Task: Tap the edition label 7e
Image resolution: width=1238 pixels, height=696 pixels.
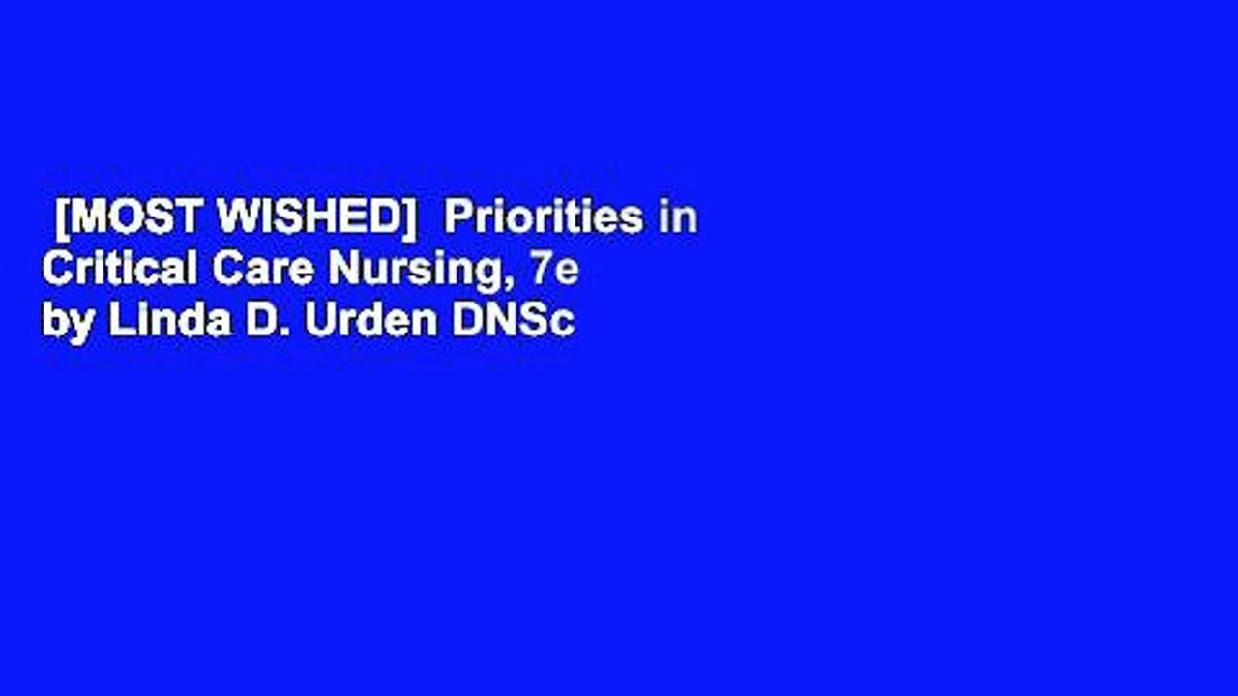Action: pos(553,271)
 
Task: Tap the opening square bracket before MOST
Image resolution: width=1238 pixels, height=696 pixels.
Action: pos(63,220)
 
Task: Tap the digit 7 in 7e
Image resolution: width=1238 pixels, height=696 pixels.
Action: pos(540,271)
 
